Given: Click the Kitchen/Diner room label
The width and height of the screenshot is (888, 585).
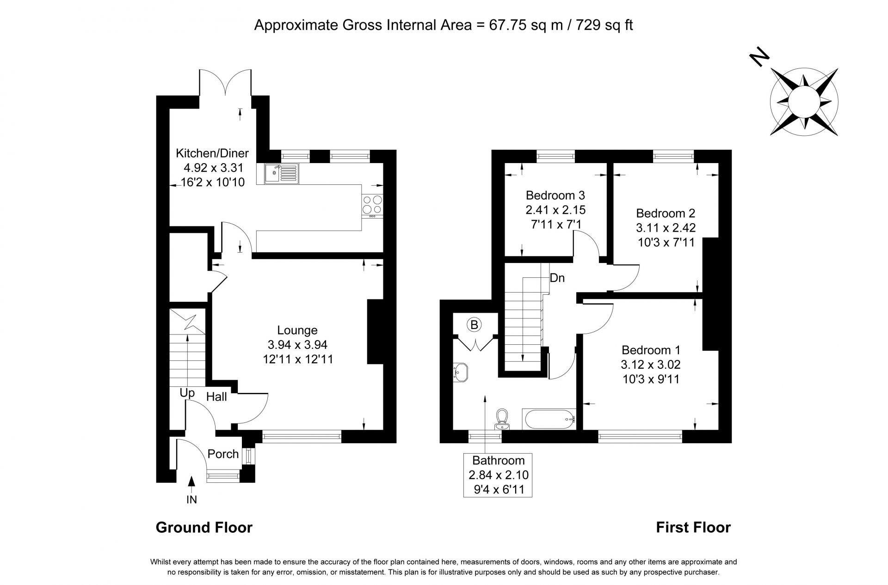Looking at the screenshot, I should coord(212,153).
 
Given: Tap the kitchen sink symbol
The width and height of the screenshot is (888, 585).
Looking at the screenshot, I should coord(282,174).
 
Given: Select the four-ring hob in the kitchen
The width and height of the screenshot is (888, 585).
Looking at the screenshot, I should coord(372,205).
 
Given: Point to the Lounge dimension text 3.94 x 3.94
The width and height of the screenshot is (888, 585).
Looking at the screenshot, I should coord(297,344).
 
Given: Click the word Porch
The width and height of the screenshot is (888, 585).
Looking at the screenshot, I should coord(223,454).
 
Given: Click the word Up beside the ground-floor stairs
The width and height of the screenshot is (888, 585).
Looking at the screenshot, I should coord(187,393).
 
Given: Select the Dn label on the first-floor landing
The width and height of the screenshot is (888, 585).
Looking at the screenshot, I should coord(557,278).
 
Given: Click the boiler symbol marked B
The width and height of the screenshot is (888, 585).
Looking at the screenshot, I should coord(474,325).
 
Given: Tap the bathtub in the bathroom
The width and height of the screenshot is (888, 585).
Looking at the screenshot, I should coord(549,419).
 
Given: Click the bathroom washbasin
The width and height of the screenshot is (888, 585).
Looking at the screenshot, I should coord(462,372).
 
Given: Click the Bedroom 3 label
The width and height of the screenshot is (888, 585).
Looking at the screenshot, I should coord(555,195).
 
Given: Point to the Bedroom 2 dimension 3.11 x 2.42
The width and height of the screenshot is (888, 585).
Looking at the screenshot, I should coord(666,227).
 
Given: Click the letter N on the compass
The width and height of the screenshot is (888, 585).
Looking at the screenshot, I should coord(759,57).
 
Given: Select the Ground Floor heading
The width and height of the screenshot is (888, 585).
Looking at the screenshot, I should coord(204,527).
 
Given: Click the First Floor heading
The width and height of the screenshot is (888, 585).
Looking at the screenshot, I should coord(693,527).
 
